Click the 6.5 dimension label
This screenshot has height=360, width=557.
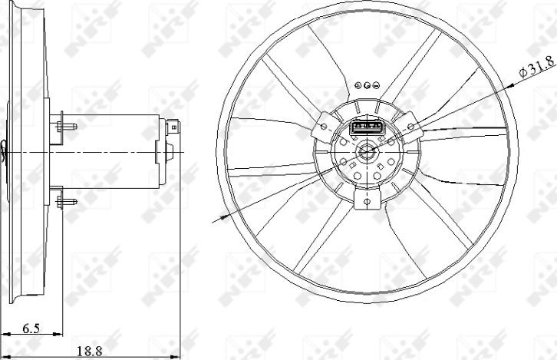coord(31,329)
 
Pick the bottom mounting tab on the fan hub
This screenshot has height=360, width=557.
coord(367,200)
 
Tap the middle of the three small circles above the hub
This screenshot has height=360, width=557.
coord(367,86)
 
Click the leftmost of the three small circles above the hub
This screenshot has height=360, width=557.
coord(358,86)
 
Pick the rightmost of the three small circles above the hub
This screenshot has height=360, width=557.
coord(377,86)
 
